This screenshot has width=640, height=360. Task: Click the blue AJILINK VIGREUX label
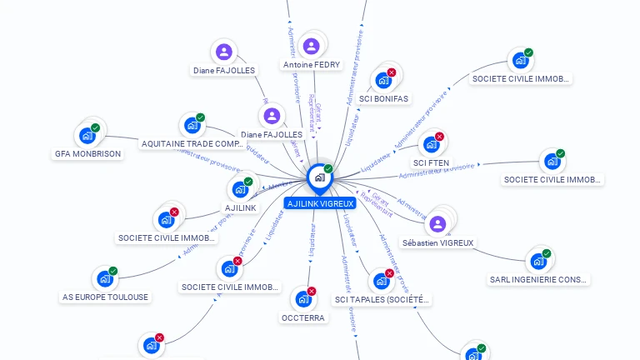320,203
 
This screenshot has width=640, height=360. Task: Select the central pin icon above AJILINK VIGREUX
319,177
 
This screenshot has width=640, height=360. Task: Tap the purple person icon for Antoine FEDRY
312,46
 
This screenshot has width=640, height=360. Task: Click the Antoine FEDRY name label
312,65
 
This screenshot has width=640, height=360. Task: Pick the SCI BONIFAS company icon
383,80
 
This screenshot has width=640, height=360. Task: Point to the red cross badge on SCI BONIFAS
392,72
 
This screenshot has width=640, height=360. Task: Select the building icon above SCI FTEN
432,143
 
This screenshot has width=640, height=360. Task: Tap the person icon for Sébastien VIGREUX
438,223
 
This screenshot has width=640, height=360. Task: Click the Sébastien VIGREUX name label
437,243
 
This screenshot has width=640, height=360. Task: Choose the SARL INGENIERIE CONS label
539,279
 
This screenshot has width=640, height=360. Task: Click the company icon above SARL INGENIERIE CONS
538,261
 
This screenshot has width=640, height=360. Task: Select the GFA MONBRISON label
88,153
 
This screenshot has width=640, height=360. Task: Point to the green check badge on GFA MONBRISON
96,127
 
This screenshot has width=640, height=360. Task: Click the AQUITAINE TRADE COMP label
192,144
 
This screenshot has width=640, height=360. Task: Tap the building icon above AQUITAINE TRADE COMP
192,125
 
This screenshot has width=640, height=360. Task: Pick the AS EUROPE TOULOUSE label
106,297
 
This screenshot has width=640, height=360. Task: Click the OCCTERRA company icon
303,298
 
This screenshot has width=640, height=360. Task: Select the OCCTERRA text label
304,317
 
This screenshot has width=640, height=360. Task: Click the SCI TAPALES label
382,299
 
